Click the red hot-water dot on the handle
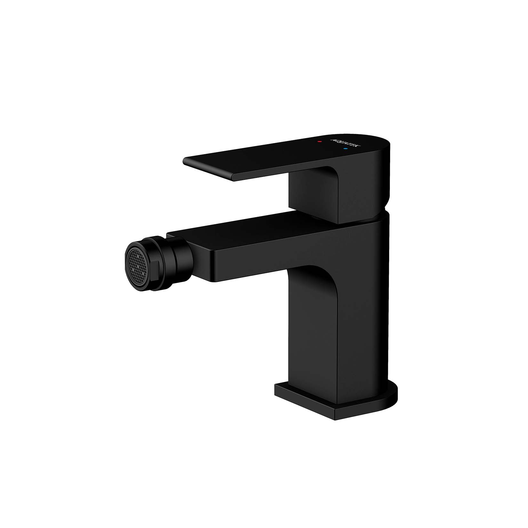click(x=318, y=141)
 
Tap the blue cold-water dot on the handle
click(x=345, y=149)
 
